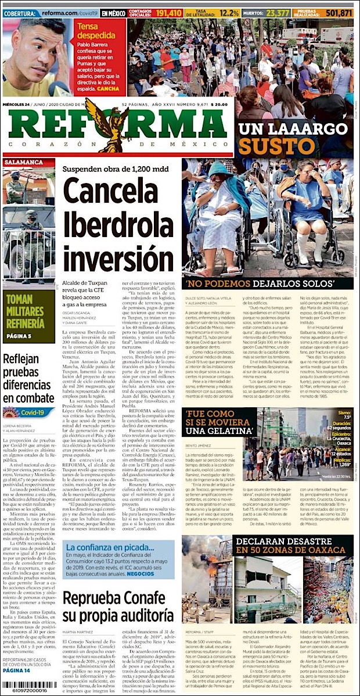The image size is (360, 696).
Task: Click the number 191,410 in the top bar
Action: tap(170, 13)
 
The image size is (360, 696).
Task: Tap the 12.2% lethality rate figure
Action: tap(229, 13)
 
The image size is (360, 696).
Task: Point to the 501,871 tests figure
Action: tap(340, 13)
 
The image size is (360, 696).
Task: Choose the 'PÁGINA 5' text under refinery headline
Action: tap(23, 336)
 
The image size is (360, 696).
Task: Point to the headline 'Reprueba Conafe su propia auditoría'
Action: tap(118, 607)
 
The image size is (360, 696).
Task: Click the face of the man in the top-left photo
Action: tap(35, 49)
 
